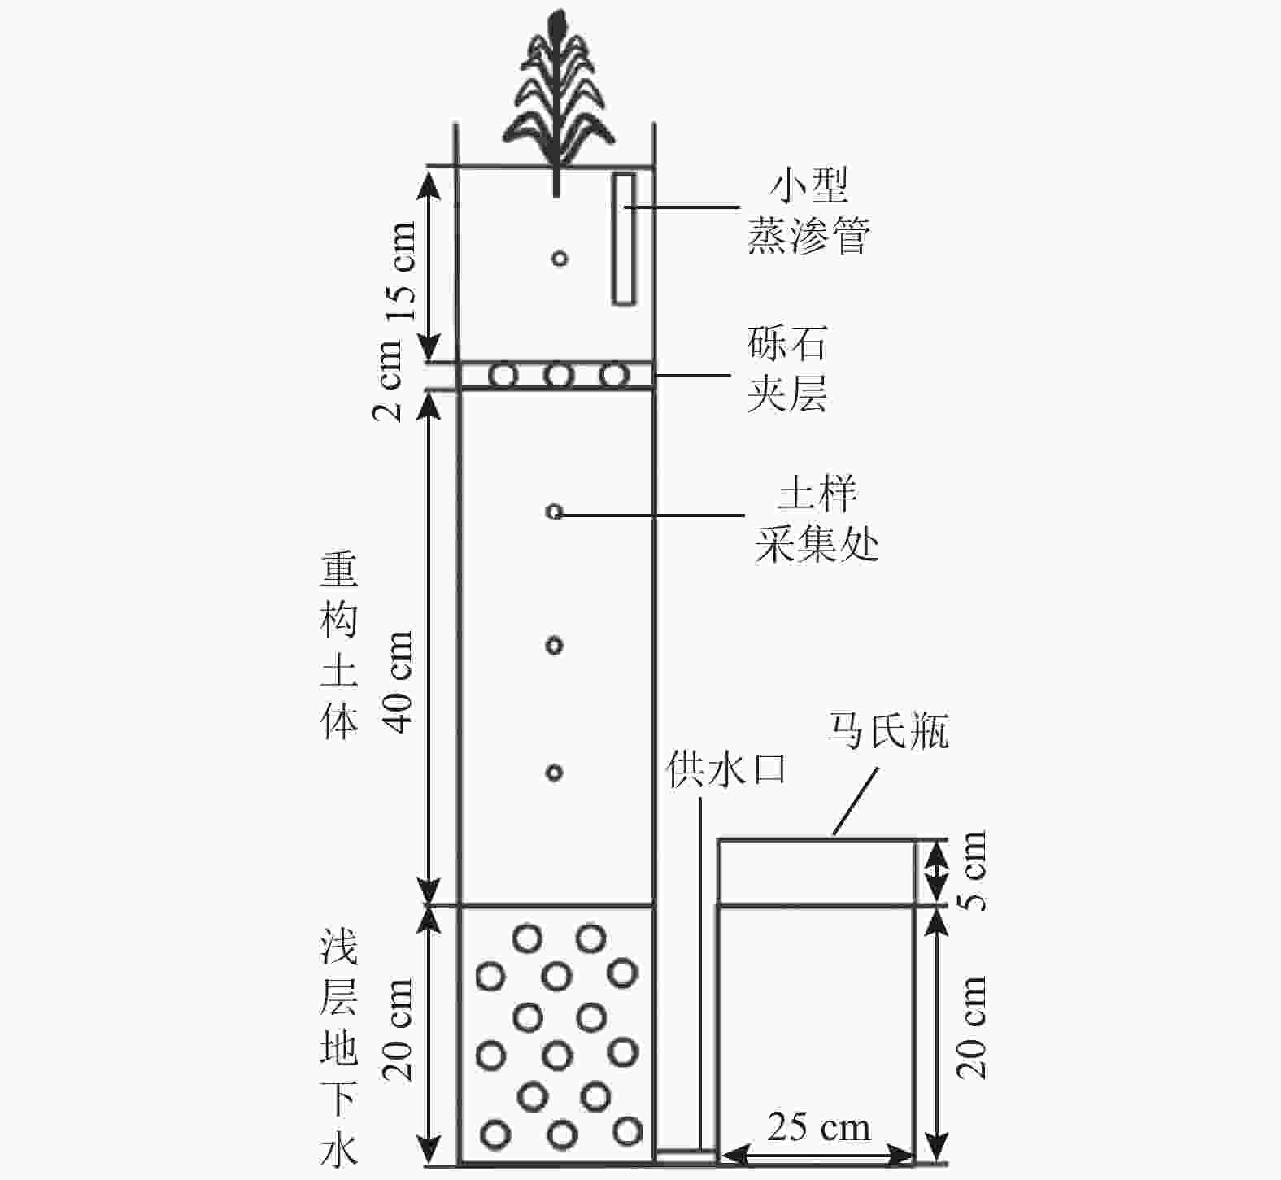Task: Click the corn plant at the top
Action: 556,89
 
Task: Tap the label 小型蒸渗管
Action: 808,211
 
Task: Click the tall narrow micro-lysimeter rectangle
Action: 624,239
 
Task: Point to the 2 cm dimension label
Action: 389,380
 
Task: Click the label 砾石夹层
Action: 787,369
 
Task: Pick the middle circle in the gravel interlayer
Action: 559,376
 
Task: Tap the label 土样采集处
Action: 817,520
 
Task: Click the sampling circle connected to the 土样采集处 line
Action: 554,512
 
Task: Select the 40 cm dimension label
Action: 399,681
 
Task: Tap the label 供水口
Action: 726,769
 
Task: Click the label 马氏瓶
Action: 887,731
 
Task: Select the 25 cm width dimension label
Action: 818,1128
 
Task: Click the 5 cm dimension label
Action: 973,870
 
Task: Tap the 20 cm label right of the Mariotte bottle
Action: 973,1028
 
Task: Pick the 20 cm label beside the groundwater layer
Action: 399,1030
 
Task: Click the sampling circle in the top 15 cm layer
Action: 559,259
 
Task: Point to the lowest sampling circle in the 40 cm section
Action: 554,772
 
